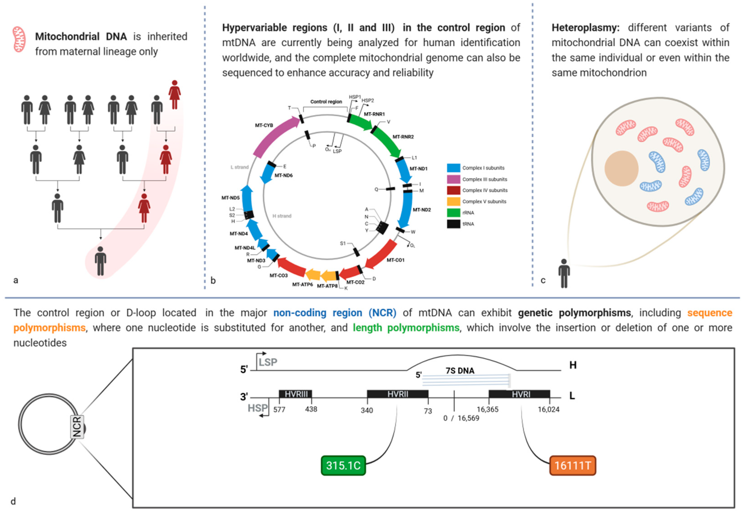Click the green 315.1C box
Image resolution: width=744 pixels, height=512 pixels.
[x=343, y=465]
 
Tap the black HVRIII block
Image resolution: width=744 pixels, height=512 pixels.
[x=295, y=394]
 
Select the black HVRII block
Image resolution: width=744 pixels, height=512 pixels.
[x=398, y=394]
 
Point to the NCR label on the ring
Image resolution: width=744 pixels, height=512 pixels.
[x=77, y=427]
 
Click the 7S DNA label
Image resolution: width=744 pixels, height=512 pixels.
[x=460, y=371]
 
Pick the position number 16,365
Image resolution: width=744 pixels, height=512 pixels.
[x=487, y=409]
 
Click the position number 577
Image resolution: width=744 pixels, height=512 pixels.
[x=279, y=410]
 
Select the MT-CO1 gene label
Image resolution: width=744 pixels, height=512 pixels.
[x=395, y=260]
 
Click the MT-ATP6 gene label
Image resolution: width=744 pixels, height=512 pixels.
[x=302, y=285]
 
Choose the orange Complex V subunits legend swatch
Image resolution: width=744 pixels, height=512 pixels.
[x=453, y=202]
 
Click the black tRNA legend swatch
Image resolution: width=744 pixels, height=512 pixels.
[x=453, y=224]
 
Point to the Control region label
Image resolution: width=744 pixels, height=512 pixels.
[x=326, y=102]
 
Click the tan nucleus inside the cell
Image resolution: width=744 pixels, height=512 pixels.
[x=621, y=168]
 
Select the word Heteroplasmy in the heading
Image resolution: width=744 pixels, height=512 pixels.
[x=585, y=28]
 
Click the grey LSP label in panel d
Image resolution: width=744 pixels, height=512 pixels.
[x=268, y=362]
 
